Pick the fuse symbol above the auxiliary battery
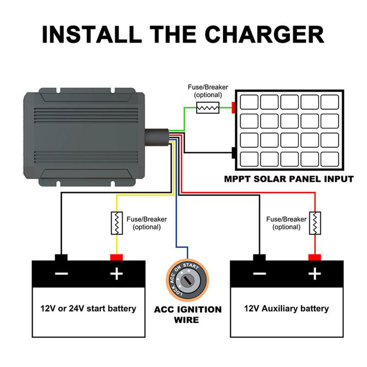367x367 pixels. pos(314,223)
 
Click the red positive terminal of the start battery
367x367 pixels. pos(116,257)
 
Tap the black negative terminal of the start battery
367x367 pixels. pos(61,257)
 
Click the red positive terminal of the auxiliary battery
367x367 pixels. pos(314,257)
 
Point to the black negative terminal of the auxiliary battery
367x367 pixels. pos(259,257)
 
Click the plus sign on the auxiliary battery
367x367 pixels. pos(314,274)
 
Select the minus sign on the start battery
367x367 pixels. pos(61,274)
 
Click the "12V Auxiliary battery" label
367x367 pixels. pos(286,308)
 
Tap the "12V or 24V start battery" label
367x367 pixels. pos(88,308)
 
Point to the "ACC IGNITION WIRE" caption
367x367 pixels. pos(188,314)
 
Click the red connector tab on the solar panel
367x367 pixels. pos(233,107)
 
